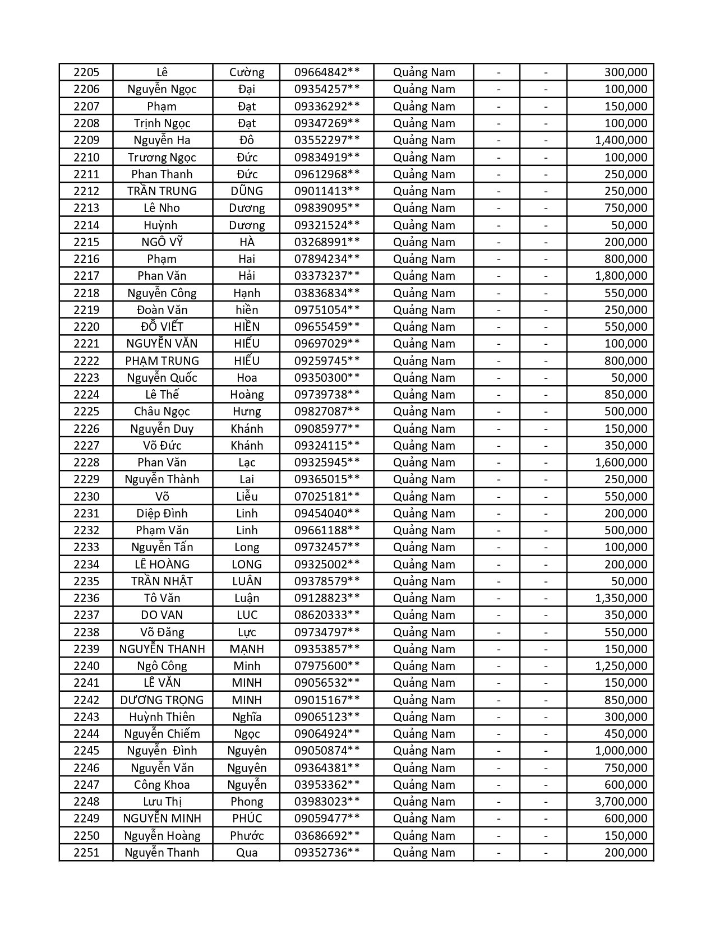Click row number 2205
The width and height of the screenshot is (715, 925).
tap(86, 72)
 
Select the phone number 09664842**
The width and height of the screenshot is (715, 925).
tap(327, 72)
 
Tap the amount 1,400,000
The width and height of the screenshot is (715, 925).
tap(621, 140)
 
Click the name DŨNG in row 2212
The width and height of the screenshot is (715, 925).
tap(247, 191)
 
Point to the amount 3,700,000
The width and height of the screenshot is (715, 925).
tap(621, 802)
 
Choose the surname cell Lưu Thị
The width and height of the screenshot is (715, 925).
tap(162, 802)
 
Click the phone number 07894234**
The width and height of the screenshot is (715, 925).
tap(327, 259)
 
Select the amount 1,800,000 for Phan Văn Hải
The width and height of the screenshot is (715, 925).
tap(621, 276)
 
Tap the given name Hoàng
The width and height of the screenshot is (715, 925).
tap(247, 395)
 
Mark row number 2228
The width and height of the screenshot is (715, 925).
tap(86, 462)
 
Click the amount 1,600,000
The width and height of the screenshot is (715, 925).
tap(621, 462)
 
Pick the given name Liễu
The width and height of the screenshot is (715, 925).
tap(247, 497)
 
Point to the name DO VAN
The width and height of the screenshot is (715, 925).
tap(162, 615)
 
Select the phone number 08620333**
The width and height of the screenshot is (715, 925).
tap(327, 615)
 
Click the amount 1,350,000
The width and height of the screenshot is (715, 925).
tap(621, 598)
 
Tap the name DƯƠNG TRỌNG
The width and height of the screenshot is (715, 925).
tap(162, 700)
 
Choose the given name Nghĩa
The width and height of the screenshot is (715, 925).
tap(247, 717)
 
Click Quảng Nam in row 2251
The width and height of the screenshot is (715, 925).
tap(424, 853)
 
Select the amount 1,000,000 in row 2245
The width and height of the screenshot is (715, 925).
tap(621, 751)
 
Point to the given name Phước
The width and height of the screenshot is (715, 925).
tap(247, 836)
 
